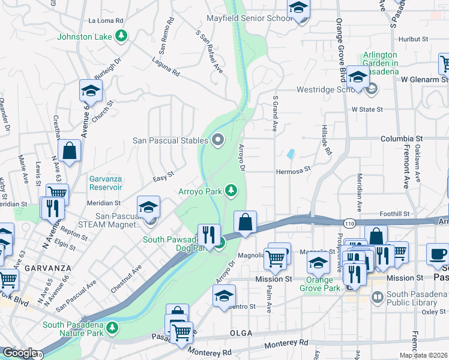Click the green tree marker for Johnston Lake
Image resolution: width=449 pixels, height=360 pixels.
(x=122, y=37)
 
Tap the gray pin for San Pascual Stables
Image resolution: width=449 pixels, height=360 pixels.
(x=217, y=140)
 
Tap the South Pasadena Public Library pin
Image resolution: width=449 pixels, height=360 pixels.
(x=378, y=296)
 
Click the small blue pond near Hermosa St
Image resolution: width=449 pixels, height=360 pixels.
(x=291, y=154)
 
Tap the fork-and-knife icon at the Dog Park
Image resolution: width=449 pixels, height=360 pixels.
(x=209, y=233)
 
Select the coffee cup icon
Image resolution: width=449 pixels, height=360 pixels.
(x=437, y=253)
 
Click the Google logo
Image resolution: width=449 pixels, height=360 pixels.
(x=20, y=353)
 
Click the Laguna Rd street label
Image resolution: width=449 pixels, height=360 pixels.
(x=166, y=70)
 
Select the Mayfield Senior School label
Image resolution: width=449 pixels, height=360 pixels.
(x=249, y=19)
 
